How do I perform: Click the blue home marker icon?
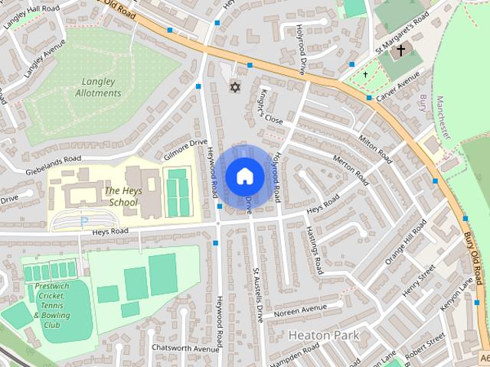point(244,176)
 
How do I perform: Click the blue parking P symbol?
point(84,222)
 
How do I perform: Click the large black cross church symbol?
point(400,51)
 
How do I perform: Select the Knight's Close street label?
point(271,108)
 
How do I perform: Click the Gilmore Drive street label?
point(186,147)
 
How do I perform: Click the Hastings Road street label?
point(314,251)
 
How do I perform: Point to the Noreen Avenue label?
point(300,310)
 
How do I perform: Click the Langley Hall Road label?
point(31,15)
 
